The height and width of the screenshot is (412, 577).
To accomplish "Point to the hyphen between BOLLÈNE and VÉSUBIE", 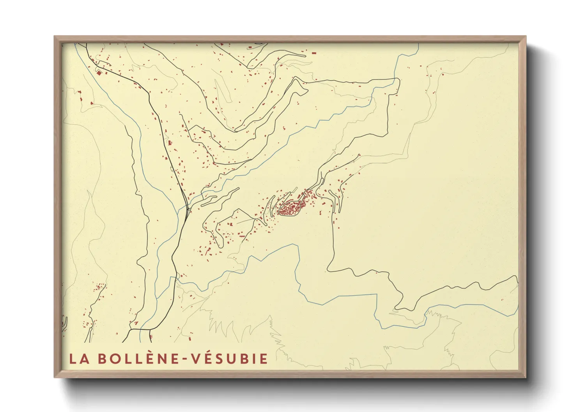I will coord(184,359).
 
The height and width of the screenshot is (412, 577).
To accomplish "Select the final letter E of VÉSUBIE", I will coord(264,359).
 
